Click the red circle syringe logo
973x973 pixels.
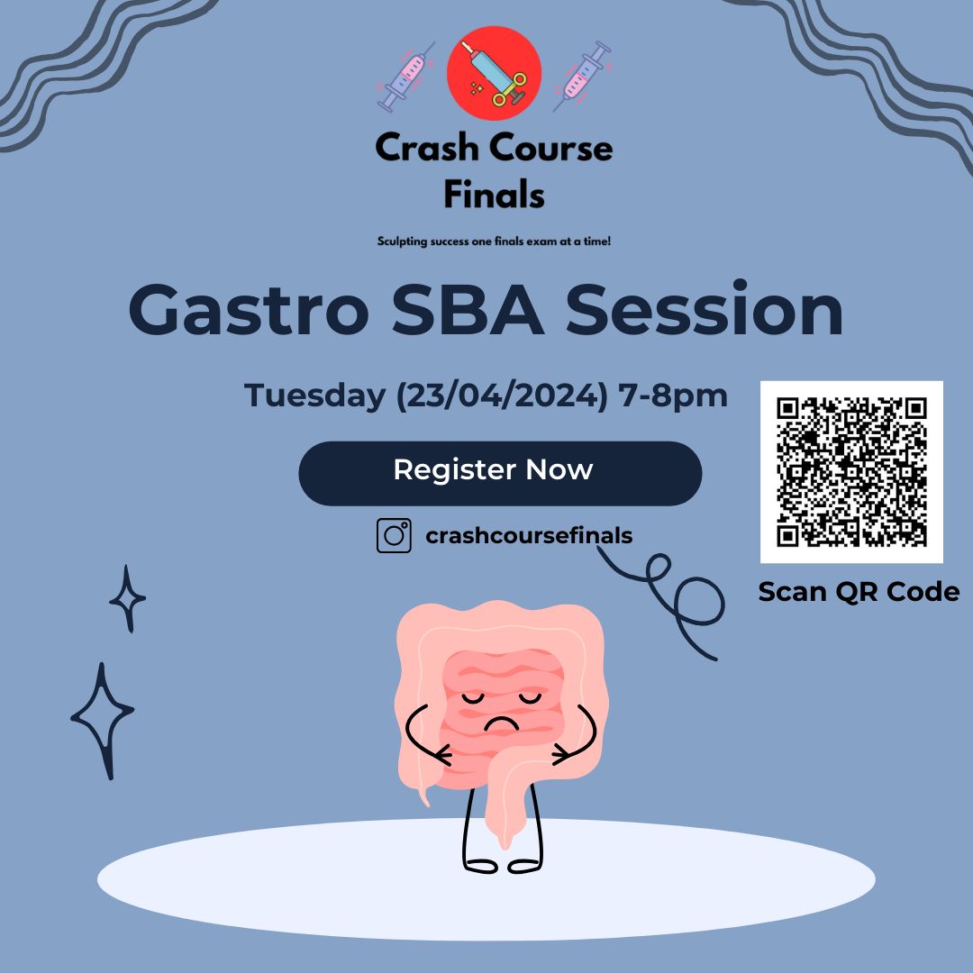(494, 73)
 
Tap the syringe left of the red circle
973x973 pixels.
(405, 77)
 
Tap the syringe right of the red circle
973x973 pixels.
(582, 77)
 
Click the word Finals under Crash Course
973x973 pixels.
(494, 195)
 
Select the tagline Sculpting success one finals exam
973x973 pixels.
(494, 241)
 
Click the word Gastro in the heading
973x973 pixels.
(249, 310)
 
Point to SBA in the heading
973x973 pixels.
(468, 310)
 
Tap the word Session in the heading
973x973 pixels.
(705, 308)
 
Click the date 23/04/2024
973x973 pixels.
(502, 396)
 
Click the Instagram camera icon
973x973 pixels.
(394, 535)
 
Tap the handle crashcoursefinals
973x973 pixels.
(529, 535)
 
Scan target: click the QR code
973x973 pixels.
(851, 472)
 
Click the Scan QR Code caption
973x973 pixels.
(859, 592)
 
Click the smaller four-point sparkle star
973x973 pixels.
(127, 599)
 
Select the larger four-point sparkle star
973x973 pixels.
(103, 720)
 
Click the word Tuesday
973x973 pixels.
(314, 396)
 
